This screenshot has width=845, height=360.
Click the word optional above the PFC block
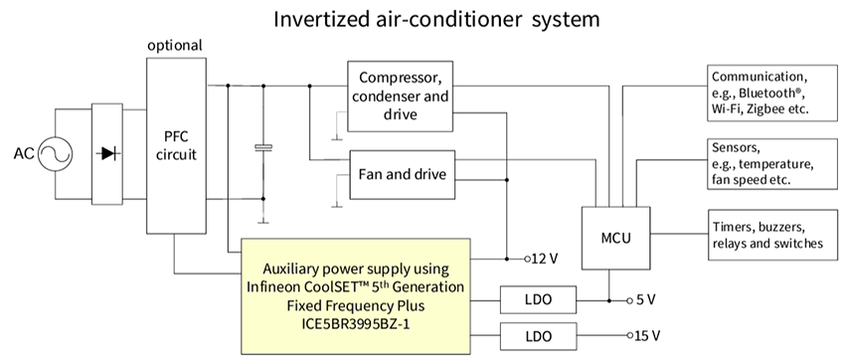(175, 46)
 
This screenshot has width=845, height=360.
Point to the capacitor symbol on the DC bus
(262, 149)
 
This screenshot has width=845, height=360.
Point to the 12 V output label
(543, 259)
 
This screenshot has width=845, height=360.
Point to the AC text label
(24, 155)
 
